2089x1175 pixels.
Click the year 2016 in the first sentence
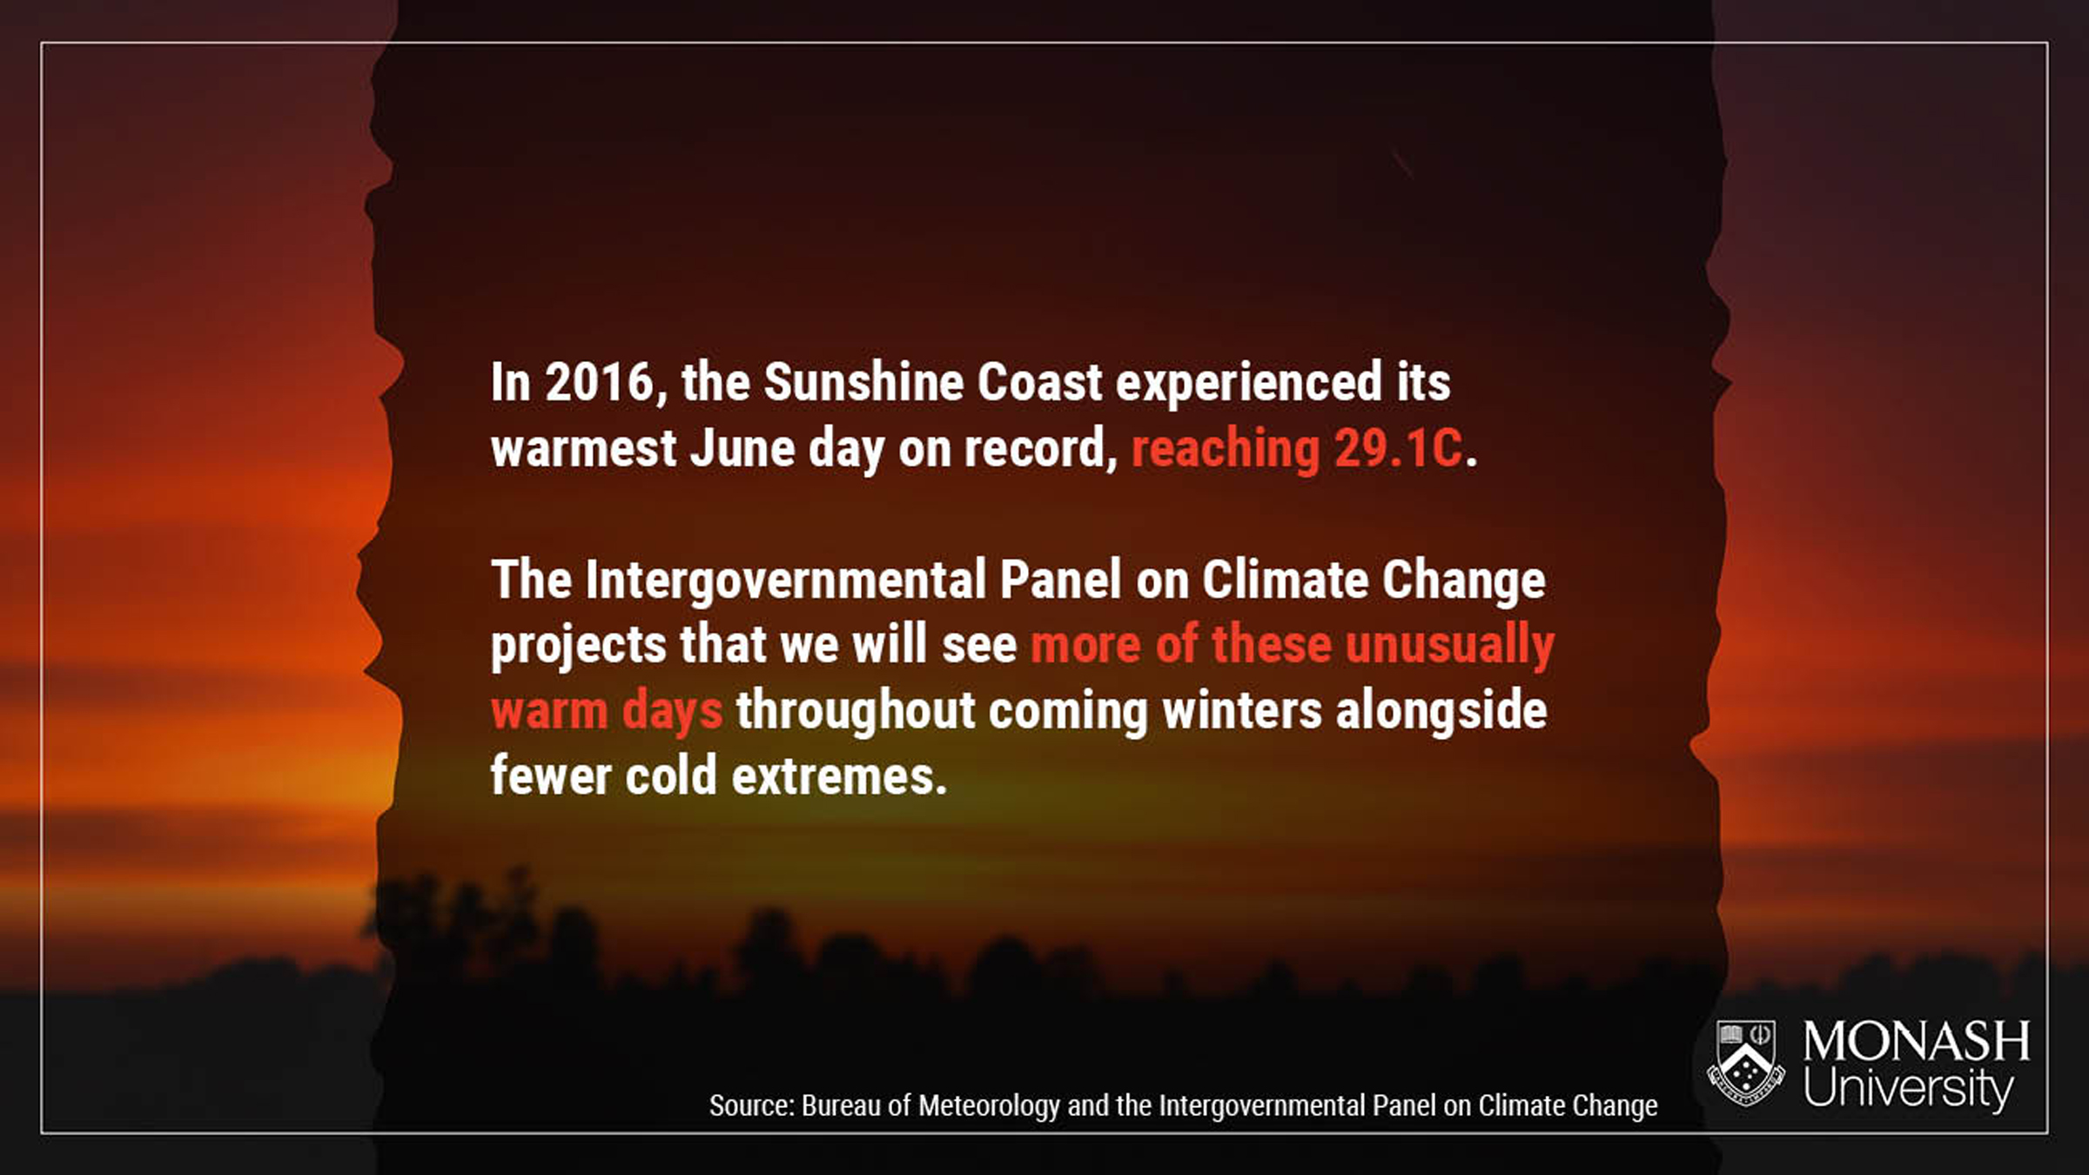click(x=600, y=382)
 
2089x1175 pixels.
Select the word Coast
click(x=1039, y=382)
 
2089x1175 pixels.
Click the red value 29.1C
click(x=1399, y=448)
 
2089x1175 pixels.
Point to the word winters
click(x=1242, y=709)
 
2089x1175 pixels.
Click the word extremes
click(x=839, y=775)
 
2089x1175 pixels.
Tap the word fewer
click(x=551, y=775)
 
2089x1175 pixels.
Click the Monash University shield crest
click(x=1745, y=1063)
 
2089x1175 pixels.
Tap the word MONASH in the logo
click(x=1916, y=1041)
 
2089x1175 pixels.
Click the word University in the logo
click(x=1908, y=1088)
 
